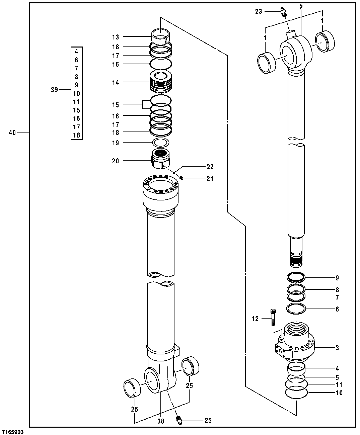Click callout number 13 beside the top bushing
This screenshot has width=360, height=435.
[116, 37]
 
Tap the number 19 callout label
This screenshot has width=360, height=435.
[116, 143]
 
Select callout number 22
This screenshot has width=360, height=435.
[210, 167]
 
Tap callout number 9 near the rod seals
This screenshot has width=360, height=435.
[337, 278]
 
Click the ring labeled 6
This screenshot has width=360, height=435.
[296, 309]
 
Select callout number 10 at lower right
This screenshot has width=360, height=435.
[339, 393]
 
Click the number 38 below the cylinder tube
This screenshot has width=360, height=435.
[161, 421]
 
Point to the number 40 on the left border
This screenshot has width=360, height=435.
[12, 133]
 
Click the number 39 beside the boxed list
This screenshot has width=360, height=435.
[54, 90]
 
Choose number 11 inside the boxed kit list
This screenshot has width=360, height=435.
[76, 102]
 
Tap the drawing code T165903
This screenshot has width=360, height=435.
[12, 432]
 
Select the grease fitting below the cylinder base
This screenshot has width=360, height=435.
[179, 420]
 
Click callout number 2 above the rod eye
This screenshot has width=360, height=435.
[301, 7]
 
